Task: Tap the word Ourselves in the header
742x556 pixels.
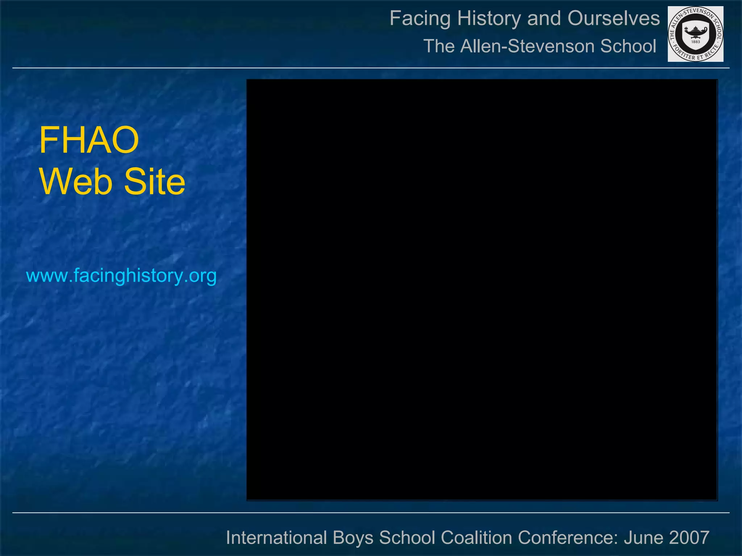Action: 613,18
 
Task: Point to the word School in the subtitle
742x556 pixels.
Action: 628,46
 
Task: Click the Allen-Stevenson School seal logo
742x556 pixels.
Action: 695,34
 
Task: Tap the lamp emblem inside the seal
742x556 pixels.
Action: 695,32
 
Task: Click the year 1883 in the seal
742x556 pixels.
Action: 695,42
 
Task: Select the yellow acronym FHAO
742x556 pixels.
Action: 89,140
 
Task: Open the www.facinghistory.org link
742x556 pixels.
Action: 121,276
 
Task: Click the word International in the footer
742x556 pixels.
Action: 276,538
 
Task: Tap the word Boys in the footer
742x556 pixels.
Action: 353,538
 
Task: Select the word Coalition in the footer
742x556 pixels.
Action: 476,538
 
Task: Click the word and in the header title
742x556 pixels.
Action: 544,18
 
